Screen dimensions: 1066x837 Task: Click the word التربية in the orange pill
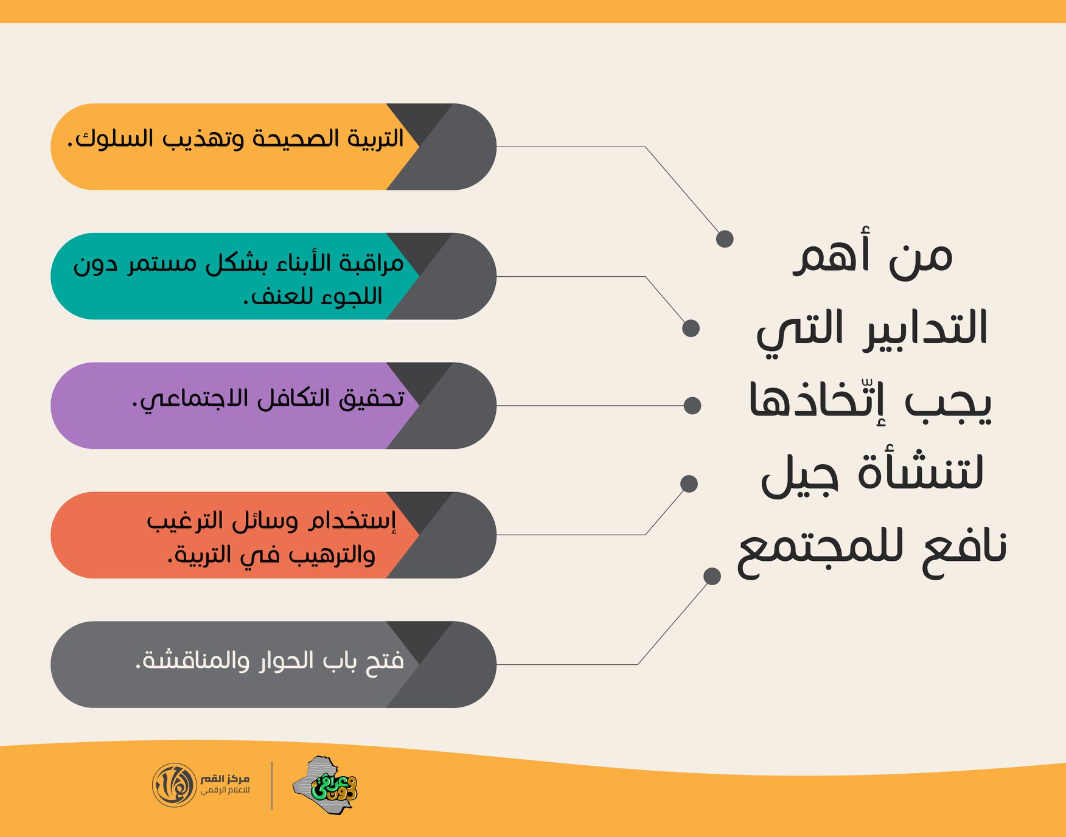(x=375, y=139)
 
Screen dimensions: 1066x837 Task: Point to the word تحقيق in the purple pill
(x=372, y=399)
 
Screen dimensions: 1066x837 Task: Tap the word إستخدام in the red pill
(x=352, y=521)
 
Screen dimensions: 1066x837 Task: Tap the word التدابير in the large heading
(x=925, y=329)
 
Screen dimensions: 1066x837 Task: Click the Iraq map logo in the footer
(x=325, y=785)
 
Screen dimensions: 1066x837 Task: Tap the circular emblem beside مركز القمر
(x=174, y=785)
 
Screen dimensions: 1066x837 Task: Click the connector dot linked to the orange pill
(x=725, y=238)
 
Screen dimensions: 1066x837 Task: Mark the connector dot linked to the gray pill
(x=712, y=576)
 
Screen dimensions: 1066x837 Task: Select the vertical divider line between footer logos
(x=272, y=785)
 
